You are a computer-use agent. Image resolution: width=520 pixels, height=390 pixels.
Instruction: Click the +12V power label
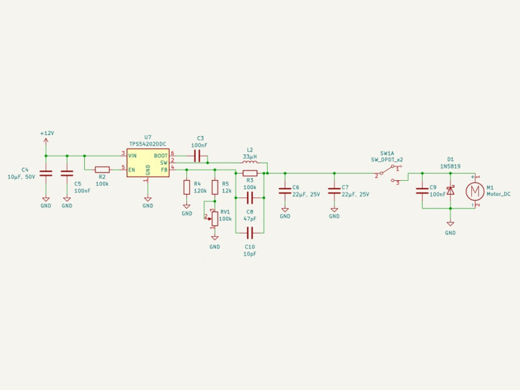pyautogui.click(x=47, y=133)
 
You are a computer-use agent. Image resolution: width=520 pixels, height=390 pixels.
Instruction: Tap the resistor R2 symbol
pyautogui.click(x=102, y=170)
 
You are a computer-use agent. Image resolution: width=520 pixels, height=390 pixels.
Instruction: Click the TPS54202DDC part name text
pyautogui.click(x=148, y=145)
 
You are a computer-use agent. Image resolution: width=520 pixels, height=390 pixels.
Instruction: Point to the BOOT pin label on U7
pyautogui.click(x=161, y=156)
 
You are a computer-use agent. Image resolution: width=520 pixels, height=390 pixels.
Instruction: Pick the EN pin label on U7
pyautogui.click(x=131, y=170)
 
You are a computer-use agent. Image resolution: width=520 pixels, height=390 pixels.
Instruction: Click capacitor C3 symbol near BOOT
pyautogui.click(x=197, y=156)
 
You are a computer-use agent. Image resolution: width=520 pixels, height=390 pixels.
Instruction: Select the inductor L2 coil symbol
pyautogui.click(x=250, y=162)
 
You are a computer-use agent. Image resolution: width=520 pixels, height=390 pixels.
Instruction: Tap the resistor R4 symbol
pyautogui.click(x=187, y=187)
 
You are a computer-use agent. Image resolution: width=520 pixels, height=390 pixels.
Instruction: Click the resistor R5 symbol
pyautogui.click(x=215, y=187)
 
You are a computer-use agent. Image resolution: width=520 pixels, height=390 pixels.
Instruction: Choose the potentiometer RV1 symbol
pyautogui.click(x=215, y=218)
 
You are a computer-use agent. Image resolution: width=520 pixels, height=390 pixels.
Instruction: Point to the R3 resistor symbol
pyautogui.click(x=250, y=173)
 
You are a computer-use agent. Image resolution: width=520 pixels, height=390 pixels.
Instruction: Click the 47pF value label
pyautogui.click(x=250, y=219)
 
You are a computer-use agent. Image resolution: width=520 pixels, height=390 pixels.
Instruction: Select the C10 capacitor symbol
pyautogui.click(x=250, y=233)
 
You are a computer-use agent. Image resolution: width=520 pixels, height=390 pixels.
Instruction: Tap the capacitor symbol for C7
pyautogui.click(x=334, y=190)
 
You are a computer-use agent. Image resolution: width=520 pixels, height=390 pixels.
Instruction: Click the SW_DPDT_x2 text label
pyautogui.click(x=387, y=160)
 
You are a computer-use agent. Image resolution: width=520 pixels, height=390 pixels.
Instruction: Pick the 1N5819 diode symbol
pyautogui.click(x=450, y=190)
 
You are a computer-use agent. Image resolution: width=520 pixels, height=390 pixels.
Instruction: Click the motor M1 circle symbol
pyautogui.click(x=476, y=191)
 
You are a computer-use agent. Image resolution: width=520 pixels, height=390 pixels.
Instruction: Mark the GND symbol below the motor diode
pyautogui.click(x=450, y=224)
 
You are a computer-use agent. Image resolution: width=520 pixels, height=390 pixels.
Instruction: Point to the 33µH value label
pyautogui.click(x=250, y=156)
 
